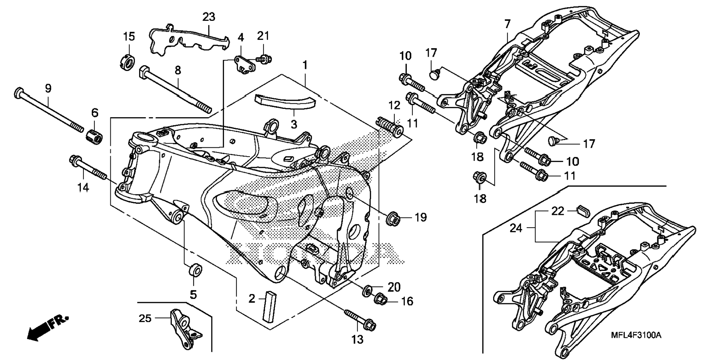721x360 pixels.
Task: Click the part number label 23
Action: click(x=209, y=17)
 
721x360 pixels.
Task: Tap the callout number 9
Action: click(x=48, y=88)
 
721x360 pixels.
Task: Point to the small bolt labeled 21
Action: click(x=264, y=59)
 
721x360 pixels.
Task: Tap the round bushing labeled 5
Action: click(x=194, y=270)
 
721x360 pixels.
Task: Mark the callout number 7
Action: click(x=507, y=24)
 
